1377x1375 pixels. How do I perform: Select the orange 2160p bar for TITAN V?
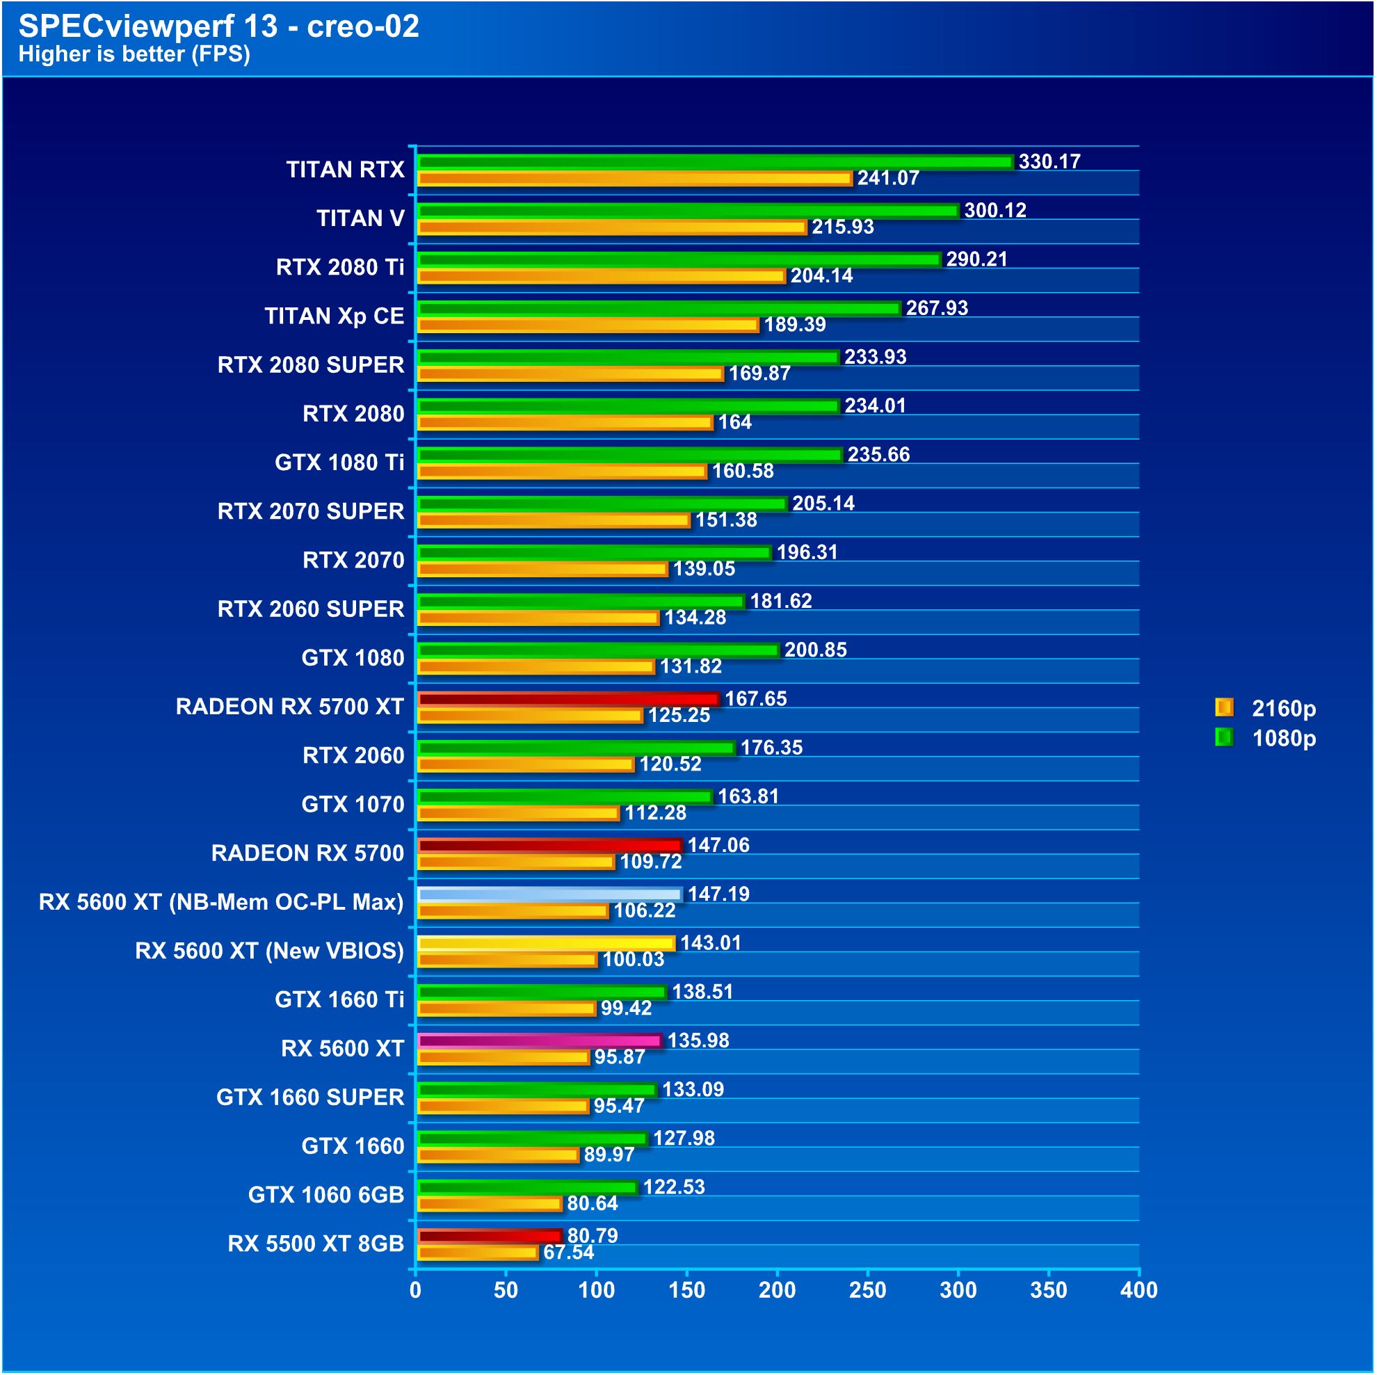[611, 227]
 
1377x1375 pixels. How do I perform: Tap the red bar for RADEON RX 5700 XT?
[568, 699]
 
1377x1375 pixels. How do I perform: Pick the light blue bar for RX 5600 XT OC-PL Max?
[549, 894]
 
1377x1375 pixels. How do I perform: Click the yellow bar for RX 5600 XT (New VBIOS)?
[545, 944]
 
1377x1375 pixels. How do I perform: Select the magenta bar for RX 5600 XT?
[540, 1041]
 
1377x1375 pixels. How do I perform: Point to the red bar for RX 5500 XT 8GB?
[489, 1237]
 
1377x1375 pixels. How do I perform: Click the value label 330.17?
[1049, 162]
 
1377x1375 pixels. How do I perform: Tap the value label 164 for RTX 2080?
[735, 423]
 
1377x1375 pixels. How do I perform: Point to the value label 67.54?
[569, 1253]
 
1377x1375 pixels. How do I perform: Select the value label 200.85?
[815, 650]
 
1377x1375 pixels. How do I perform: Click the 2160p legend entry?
[1265, 709]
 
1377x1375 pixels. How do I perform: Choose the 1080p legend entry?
[1265, 739]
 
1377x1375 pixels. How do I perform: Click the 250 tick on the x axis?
[867, 1291]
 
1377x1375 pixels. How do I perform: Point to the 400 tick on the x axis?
[1139, 1291]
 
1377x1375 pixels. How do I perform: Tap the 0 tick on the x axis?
[415, 1291]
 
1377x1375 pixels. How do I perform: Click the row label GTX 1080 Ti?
[339, 463]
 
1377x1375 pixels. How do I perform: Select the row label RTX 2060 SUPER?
[311, 609]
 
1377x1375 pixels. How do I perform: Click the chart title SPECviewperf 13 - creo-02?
[218, 26]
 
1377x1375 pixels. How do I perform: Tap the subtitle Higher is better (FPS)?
[134, 54]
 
